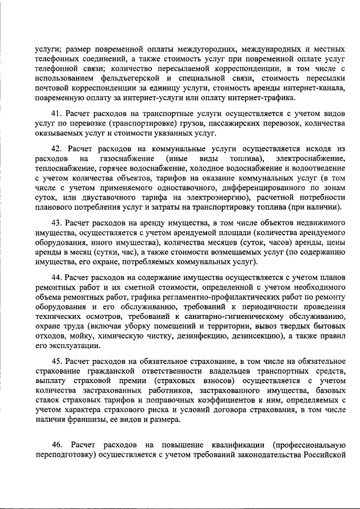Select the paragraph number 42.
(56, 148)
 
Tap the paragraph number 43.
(56, 223)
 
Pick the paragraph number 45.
(56, 361)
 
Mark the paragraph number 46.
(56, 444)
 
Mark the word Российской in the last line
(320, 454)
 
